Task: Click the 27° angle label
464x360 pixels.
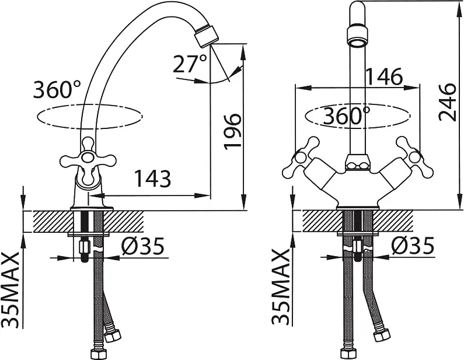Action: click(x=190, y=64)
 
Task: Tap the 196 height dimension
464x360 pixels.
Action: click(x=233, y=131)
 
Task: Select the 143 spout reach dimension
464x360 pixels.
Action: click(x=153, y=178)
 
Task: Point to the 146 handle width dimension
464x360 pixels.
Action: click(x=384, y=76)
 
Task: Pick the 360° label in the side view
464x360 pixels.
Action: click(x=57, y=89)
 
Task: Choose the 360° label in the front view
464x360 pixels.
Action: click(x=346, y=116)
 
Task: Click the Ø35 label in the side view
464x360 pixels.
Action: click(x=143, y=246)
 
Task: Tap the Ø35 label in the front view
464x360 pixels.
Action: click(x=413, y=246)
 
